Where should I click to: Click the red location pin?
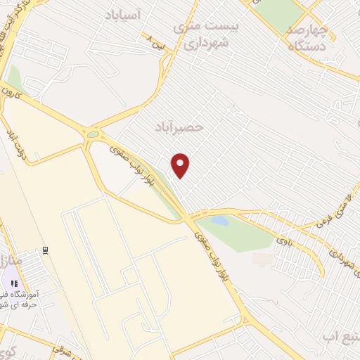tap(181, 165)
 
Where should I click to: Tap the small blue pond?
tap(219, 221)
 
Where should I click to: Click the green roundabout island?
tap(93, 134)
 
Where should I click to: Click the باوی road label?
tap(283, 242)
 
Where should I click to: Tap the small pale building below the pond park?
tap(262, 259)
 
